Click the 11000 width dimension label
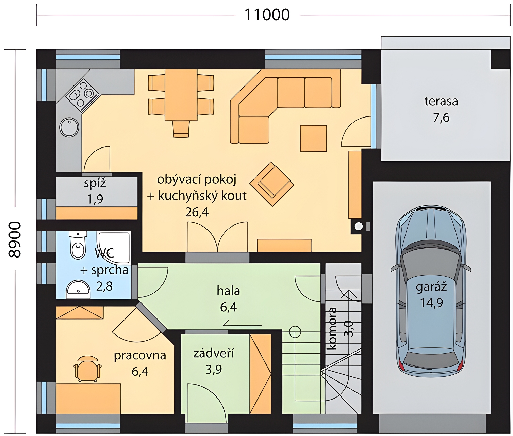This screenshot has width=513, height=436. (x=267, y=15)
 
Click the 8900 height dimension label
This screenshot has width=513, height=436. (x=15, y=239)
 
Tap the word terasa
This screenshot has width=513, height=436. (x=441, y=102)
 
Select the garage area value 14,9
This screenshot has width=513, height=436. (x=431, y=303)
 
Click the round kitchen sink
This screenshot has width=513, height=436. (x=69, y=127)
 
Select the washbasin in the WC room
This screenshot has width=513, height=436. (x=78, y=290)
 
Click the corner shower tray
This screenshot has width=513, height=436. (x=114, y=248)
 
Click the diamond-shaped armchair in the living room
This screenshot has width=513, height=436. (x=272, y=184)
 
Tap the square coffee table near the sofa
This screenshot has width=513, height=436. (x=313, y=138)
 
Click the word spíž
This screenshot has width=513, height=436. (x=95, y=183)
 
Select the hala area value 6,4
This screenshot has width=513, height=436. (x=228, y=307)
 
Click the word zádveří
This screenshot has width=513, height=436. (x=213, y=353)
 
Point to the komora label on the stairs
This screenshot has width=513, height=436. (x=332, y=328)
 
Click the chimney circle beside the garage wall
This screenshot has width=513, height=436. (x=358, y=227)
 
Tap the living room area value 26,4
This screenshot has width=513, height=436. (x=197, y=212)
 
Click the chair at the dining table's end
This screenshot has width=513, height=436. (x=181, y=129)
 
